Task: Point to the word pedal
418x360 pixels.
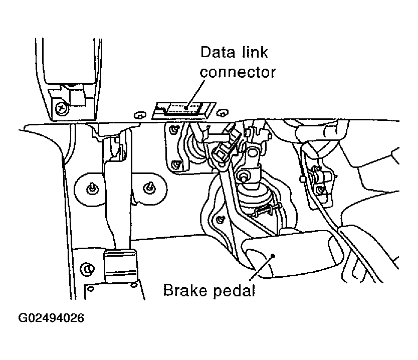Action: point(234,291)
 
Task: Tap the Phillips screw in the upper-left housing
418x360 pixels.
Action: point(61,107)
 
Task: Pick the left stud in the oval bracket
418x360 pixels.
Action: point(91,189)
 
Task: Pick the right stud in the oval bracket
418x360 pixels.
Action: point(148,188)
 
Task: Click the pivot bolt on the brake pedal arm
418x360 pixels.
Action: point(244,176)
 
